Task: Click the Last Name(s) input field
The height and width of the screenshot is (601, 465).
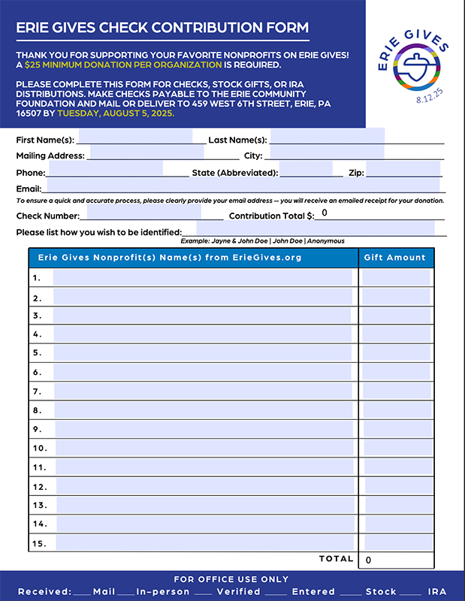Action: tap(328, 140)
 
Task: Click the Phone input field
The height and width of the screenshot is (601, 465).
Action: tap(104, 172)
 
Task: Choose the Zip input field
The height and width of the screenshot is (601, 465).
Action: tap(403, 172)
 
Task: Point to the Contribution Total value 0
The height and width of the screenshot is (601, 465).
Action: tap(324, 213)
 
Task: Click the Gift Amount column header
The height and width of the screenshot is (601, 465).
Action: tap(394, 257)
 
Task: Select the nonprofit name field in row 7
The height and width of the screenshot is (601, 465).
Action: tap(203, 391)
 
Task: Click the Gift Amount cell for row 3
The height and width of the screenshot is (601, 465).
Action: tap(395, 316)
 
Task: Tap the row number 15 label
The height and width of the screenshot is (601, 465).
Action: tap(39, 542)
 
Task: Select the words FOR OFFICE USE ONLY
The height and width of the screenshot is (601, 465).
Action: tap(231, 579)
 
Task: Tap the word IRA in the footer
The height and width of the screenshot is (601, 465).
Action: tap(436, 591)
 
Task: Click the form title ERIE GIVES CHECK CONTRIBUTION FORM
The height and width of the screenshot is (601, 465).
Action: tap(162, 28)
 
